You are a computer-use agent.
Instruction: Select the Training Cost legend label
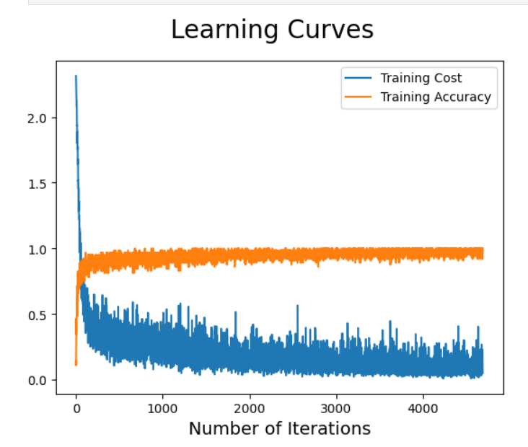coord(421,78)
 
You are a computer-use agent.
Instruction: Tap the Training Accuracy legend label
coord(436,97)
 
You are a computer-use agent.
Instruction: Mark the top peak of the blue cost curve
coord(76,76)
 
